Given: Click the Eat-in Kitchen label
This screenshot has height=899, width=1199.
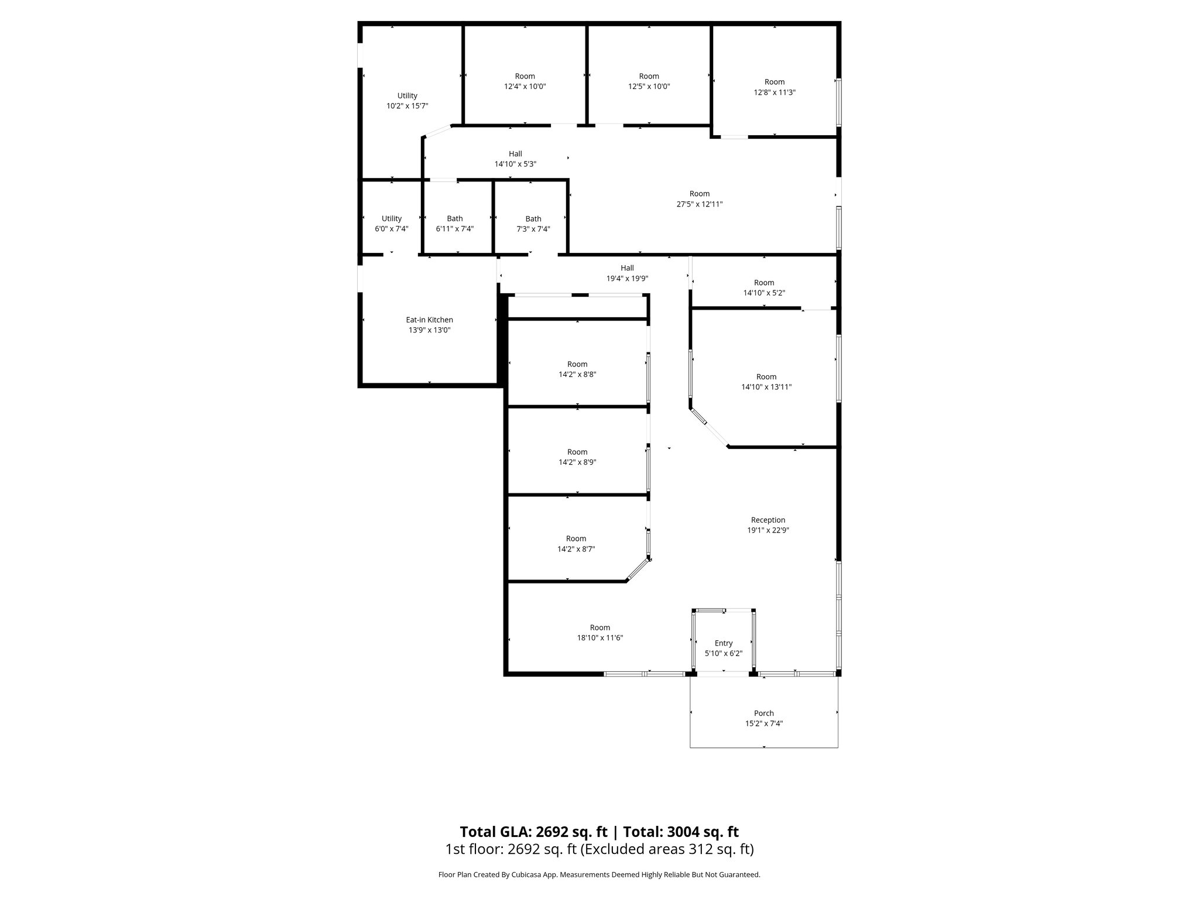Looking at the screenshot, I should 429,320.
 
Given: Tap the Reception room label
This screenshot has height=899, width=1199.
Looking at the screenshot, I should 768,520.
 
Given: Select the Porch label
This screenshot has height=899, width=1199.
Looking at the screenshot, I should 763,713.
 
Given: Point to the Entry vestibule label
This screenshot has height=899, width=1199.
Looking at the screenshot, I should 723,643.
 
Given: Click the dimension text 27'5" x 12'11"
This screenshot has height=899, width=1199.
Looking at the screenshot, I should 699,204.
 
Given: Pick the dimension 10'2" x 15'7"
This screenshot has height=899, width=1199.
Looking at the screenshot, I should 407,106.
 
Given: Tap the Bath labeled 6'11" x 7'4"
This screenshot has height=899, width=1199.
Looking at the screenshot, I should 454,219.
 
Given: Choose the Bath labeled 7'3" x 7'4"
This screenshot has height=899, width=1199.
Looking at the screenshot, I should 533,219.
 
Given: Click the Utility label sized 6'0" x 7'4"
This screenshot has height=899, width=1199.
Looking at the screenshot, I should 392,219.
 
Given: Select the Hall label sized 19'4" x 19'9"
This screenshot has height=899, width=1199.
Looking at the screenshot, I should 627,268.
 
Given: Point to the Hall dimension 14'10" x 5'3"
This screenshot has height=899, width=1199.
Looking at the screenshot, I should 515,164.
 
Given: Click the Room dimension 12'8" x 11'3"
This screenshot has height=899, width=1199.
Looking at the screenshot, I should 774,92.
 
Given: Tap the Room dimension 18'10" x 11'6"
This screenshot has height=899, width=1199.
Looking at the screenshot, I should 599,638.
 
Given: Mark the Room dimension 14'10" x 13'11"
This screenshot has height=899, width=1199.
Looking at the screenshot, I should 766,387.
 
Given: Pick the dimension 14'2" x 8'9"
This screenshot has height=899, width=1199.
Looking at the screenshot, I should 577,462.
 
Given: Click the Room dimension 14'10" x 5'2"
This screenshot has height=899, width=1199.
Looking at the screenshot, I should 763,293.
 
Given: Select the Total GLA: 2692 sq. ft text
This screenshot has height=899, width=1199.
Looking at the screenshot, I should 533,832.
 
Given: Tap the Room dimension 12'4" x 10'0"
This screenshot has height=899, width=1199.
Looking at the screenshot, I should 525,87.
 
